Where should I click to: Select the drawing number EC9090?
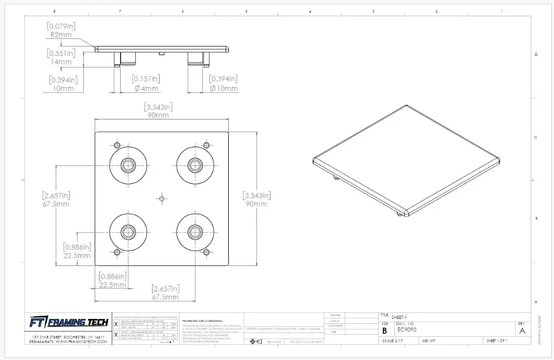pyautogui.click(x=407, y=330)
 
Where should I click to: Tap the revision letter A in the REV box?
pyautogui.click(x=522, y=331)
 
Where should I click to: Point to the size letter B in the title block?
pyautogui.click(x=385, y=330)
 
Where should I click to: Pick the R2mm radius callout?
pyautogui.click(x=61, y=35)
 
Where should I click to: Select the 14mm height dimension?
pyautogui.click(x=61, y=62)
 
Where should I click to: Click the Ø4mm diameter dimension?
pyautogui.click(x=146, y=88)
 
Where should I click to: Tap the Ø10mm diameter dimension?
pyautogui.click(x=223, y=88)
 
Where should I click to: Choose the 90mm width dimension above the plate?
pyautogui.click(x=157, y=115)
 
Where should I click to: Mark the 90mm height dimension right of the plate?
pyautogui.click(x=256, y=204)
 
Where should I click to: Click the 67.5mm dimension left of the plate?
pyautogui.click(x=56, y=204)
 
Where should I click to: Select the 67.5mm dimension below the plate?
pyautogui.click(x=166, y=297)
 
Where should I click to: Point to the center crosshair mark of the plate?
pyautogui.click(x=161, y=199)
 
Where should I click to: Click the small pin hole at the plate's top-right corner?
pyautogui.click(x=206, y=145)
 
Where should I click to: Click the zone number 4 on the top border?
pyautogui.click(x=310, y=11)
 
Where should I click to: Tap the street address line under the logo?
pyautogui.click(x=68, y=337)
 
